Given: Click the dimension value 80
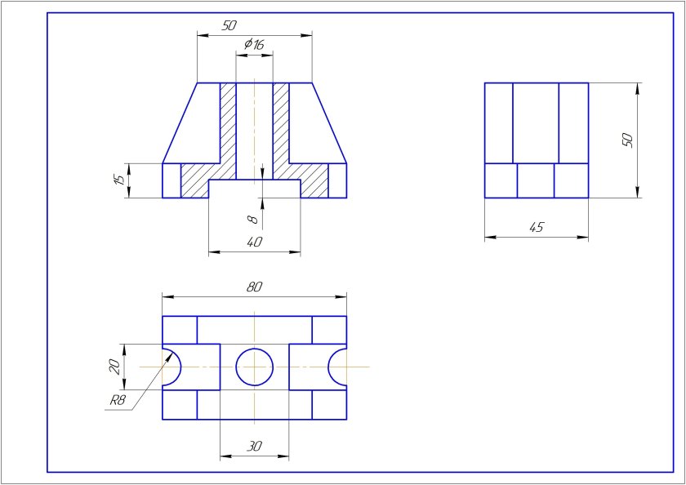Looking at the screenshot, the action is tap(254, 287).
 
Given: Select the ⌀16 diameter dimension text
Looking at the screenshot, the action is tap(254, 44).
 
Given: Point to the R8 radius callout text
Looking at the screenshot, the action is tap(118, 401).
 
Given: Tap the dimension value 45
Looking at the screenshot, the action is tap(536, 228).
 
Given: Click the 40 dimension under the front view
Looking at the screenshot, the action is tap(254, 242).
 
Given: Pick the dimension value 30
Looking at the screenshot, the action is tap(254, 447).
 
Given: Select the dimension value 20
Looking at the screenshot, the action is tap(114, 367).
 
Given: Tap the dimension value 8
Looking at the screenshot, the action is tap(252, 219).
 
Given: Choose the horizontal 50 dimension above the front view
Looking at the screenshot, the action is tap(229, 26).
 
